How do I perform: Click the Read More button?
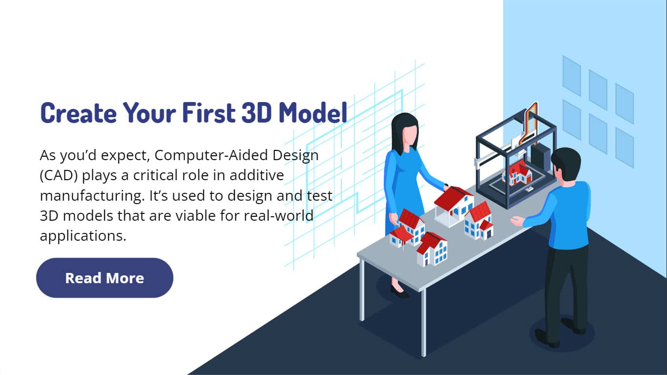click(x=104, y=278)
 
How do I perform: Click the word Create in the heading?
click(x=78, y=113)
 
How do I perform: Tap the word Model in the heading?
click(x=313, y=113)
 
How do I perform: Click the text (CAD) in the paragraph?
click(x=59, y=175)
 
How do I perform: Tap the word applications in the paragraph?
click(x=83, y=236)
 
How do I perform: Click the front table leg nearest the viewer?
click(x=423, y=323)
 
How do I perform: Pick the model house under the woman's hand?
click(x=454, y=206)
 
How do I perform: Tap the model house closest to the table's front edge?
click(x=431, y=250)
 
